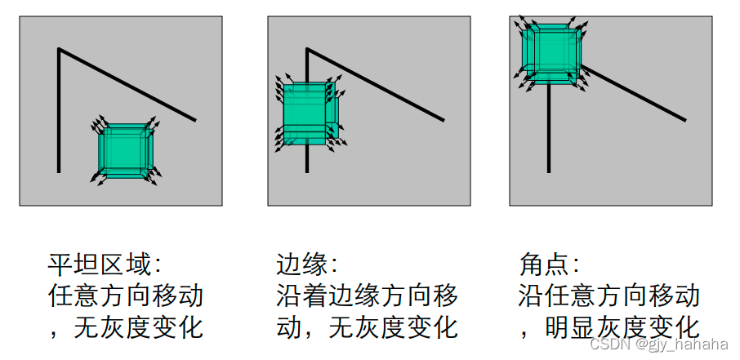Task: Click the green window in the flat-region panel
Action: [125, 150]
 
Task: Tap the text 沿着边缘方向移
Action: [367, 296]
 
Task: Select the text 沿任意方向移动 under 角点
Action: [608, 296]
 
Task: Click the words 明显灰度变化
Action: [622, 327]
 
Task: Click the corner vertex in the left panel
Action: [59, 50]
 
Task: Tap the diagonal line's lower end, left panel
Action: [195, 120]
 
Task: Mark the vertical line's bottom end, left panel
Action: [59, 171]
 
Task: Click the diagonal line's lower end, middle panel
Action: [444, 120]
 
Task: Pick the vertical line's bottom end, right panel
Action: [549, 171]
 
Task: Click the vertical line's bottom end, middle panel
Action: [307, 171]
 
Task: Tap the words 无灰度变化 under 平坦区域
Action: [138, 327]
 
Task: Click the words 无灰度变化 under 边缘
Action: [393, 327]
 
